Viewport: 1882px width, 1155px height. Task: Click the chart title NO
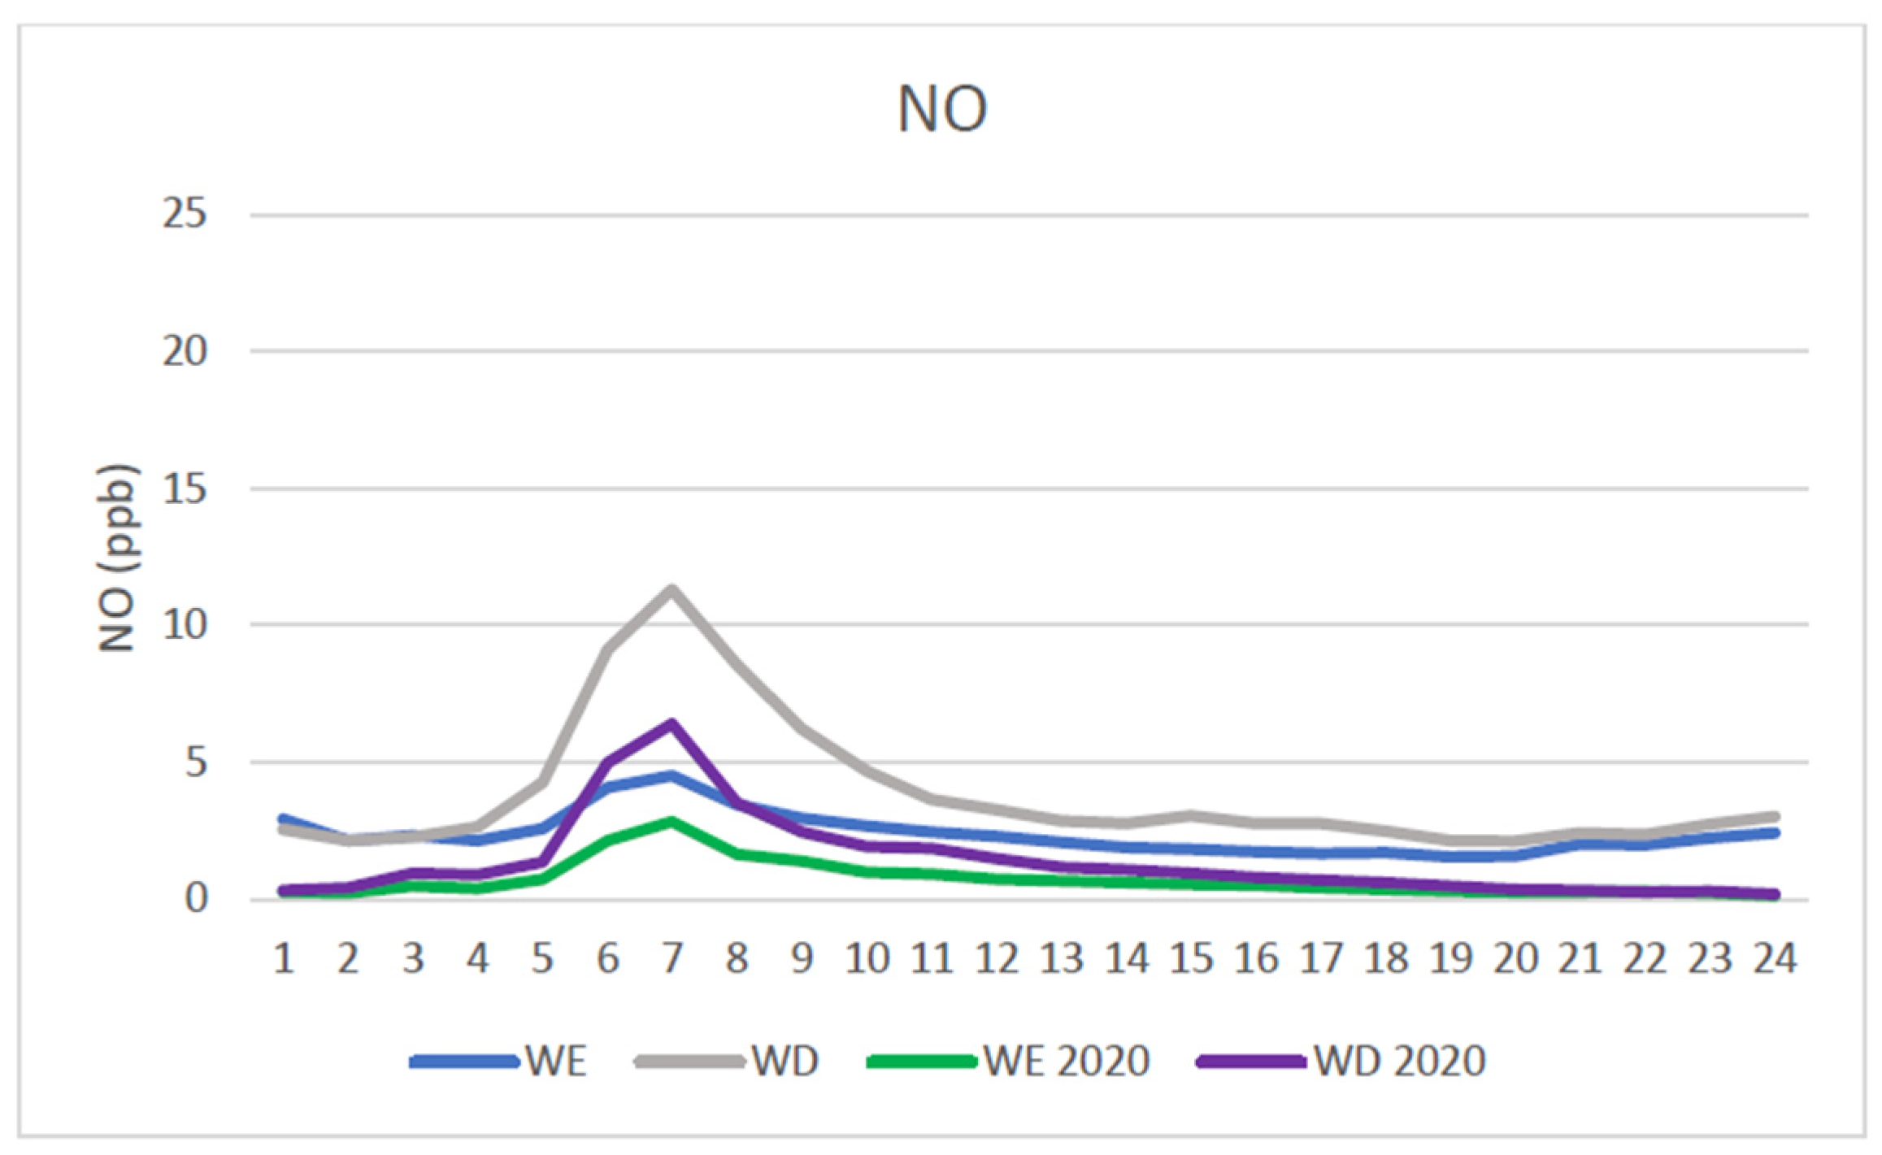941,109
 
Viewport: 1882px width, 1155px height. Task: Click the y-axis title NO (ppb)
117,558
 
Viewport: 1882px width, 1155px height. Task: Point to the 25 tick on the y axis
185,215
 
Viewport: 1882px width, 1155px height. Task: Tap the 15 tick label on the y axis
185,489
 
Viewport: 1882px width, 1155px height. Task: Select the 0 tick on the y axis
196,898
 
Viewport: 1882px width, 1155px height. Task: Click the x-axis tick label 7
672,960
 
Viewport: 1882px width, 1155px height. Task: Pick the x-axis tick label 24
1775,960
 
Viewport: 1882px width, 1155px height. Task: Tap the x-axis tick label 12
997,960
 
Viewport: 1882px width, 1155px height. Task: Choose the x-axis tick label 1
283,960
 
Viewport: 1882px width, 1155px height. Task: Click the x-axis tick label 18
1386,960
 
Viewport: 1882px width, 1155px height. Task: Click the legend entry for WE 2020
1008,1061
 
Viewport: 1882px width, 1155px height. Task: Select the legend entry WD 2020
1341,1061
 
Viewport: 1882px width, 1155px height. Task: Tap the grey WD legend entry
728,1061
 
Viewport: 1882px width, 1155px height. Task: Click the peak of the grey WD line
672,588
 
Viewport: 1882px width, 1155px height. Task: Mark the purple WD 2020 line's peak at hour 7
672,723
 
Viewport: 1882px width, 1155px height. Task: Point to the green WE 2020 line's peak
672,822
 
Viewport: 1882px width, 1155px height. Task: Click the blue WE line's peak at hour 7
672,775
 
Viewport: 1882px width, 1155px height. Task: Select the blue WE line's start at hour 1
283,818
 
